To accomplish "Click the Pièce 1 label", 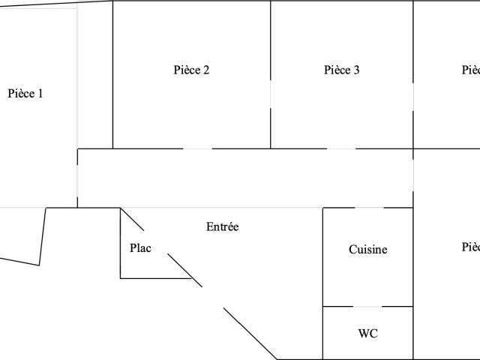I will coord(25,94).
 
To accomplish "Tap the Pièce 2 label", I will coord(191,70).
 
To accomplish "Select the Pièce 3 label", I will coord(341,70).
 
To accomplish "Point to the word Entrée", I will coord(222,226).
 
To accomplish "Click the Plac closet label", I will coord(140,248).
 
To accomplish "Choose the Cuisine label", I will coord(368,250).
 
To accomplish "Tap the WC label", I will coord(367,333).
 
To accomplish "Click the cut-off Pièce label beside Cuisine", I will coord(471,247).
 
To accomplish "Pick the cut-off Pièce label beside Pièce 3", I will coord(471,70).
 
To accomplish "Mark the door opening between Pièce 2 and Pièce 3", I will coord(271,94).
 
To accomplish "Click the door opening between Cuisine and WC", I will coord(367,307).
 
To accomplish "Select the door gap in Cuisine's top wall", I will coord(368,208).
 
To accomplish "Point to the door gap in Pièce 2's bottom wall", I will coord(197,148).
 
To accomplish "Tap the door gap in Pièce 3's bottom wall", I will coord(341,148).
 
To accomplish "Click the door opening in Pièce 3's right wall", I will coord(413,97).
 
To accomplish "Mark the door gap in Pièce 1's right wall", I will coord(77,178).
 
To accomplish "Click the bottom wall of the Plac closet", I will coord(154,278).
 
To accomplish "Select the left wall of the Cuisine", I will coord(323,255).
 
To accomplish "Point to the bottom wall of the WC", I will coord(367,359).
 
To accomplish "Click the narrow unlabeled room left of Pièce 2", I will coord(95,75).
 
